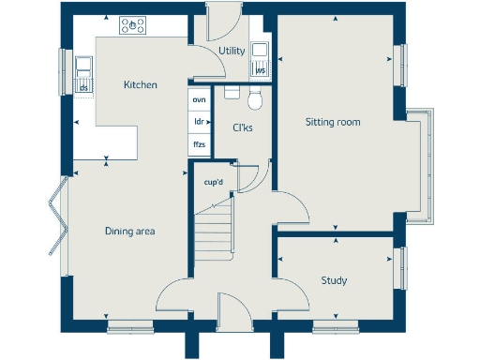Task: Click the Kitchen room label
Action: click(x=141, y=85)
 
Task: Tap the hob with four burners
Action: click(x=133, y=26)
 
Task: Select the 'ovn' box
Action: click(x=199, y=98)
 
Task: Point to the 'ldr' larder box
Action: click(x=199, y=122)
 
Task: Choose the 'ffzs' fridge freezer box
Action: click(x=199, y=144)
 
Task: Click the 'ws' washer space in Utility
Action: click(x=260, y=69)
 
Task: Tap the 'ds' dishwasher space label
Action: click(x=84, y=88)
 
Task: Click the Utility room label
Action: click(x=232, y=51)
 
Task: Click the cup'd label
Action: click(x=214, y=182)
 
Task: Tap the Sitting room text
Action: click(x=333, y=122)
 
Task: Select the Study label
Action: click(x=334, y=280)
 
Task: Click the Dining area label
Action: click(x=129, y=231)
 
